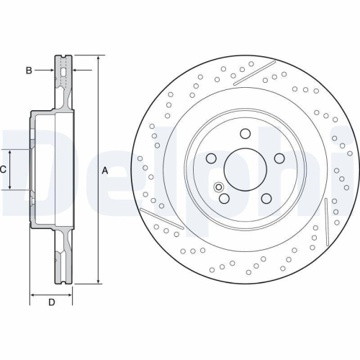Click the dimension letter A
tap(105, 171)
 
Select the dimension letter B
tap(30, 70)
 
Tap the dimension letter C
tap(4, 170)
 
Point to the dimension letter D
tap(51, 302)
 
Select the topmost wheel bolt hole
tap(245, 134)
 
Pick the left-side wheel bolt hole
tap(210, 159)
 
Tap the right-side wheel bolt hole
tap(279, 159)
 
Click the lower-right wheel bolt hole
tap(266, 199)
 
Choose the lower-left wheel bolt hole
tap(224, 199)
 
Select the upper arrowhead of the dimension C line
tap(9, 152)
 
